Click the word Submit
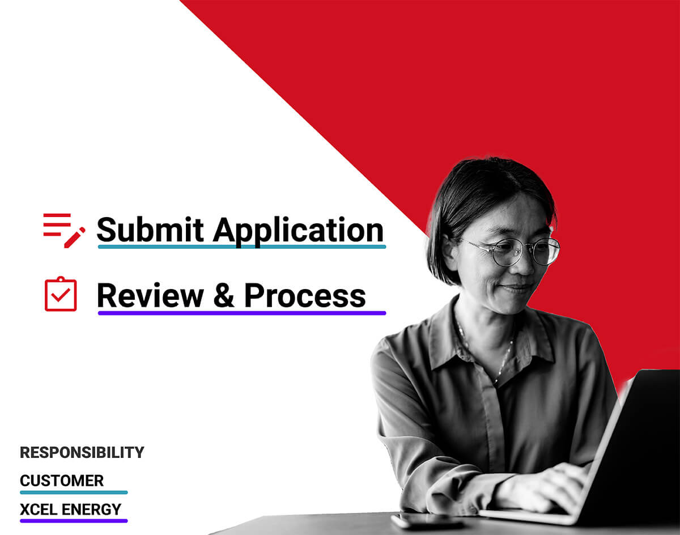pyautogui.click(x=150, y=230)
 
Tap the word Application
pyautogui.click(x=298, y=232)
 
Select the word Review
pyautogui.click(x=150, y=295)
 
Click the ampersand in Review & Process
pyautogui.click(x=224, y=295)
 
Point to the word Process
pyautogui.click(x=305, y=295)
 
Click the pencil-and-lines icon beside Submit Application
pyautogui.click(x=64, y=230)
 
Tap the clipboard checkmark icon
pyautogui.click(x=61, y=294)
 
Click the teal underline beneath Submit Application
pyautogui.click(x=242, y=247)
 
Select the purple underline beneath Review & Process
pyautogui.click(x=242, y=313)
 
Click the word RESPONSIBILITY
pyautogui.click(x=82, y=452)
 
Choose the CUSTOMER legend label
pyautogui.click(x=62, y=481)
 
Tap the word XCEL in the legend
pyautogui.click(x=38, y=509)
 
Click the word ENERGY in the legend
pyautogui.click(x=91, y=509)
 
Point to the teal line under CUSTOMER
pyautogui.click(x=74, y=492)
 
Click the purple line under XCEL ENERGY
pyautogui.click(x=74, y=521)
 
